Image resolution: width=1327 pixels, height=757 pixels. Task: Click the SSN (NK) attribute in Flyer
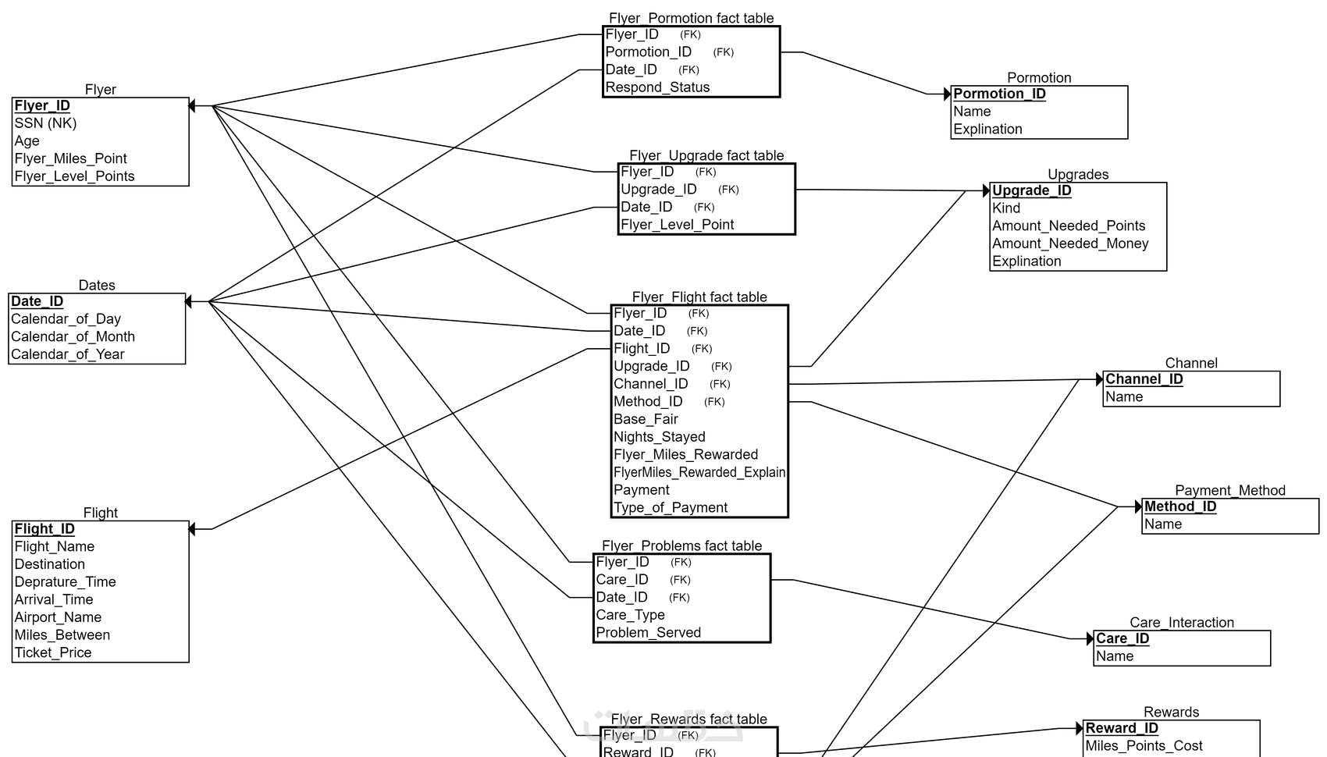pyautogui.click(x=45, y=123)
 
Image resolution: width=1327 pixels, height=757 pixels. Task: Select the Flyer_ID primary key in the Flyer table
pyautogui.click(x=42, y=105)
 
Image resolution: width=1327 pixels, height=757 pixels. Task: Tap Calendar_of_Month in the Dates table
pyautogui.click(x=73, y=336)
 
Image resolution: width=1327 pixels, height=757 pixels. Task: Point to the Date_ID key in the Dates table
pyautogui.click(x=37, y=301)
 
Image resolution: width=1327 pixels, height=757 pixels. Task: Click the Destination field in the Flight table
pyautogui.click(x=49, y=564)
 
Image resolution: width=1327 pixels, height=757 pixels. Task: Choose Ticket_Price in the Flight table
pyautogui.click(x=52, y=652)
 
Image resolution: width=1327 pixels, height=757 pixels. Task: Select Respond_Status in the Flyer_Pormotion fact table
pyautogui.click(x=657, y=87)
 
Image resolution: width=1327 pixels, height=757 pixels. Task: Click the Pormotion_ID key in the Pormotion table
pyautogui.click(x=999, y=94)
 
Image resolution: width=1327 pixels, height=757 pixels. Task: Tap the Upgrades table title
pyautogui.click(x=1077, y=174)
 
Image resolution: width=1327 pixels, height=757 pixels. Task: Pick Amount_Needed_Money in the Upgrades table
pyautogui.click(x=1070, y=243)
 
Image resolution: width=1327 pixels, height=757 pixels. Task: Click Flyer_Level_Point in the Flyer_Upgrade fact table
pyautogui.click(x=677, y=225)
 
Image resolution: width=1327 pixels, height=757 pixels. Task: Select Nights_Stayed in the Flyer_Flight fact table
pyautogui.click(x=659, y=437)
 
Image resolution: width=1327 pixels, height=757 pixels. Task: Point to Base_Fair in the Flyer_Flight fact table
pyautogui.click(x=646, y=419)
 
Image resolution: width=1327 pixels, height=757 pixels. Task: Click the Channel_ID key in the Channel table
pyautogui.click(x=1144, y=379)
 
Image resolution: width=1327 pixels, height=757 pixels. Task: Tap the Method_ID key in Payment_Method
pyautogui.click(x=1180, y=506)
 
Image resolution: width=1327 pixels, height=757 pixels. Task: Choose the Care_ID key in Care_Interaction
pyautogui.click(x=1122, y=638)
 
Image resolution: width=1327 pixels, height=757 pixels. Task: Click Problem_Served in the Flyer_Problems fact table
pyautogui.click(x=648, y=633)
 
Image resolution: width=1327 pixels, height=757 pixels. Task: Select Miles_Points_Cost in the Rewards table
pyautogui.click(x=1144, y=746)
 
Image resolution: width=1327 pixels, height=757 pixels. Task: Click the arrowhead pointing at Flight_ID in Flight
pyautogui.click(x=192, y=529)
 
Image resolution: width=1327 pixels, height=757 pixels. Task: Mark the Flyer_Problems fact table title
pyautogui.click(x=681, y=546)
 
